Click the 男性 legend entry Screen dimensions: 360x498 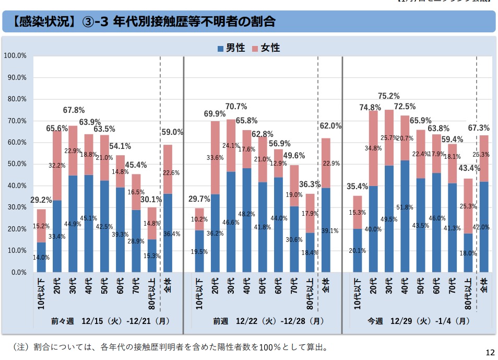(x=232, y=48)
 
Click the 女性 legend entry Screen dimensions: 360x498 (x=266, y=48)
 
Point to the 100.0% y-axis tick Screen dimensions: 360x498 (x=15, y=55)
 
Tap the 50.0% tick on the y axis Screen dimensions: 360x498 (x=17, y=164)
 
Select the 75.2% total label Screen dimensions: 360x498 (x=389, y=96)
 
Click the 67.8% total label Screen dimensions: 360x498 (x=74, y=110)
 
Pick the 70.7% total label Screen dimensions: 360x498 (x=236, y=107)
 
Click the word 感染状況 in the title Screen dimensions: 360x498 (x=46, y=22)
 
